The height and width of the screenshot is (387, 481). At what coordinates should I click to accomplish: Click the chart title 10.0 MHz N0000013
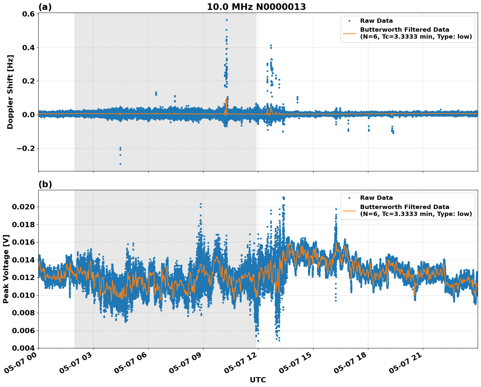tap(256, 7)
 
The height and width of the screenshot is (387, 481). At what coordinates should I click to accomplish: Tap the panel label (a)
tap(45, 7)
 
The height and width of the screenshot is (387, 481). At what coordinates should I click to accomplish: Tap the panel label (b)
tap(45, 184)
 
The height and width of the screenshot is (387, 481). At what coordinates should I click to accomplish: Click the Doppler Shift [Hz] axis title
tap(10, 92)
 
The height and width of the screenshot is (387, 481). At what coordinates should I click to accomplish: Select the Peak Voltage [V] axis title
tap(6, 269)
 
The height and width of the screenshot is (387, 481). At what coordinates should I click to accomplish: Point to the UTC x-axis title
tap(258, 380)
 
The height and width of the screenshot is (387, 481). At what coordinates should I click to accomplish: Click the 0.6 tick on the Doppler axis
tap(28, 14)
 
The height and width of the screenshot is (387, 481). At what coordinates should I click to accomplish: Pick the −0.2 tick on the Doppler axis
tap(25, 148)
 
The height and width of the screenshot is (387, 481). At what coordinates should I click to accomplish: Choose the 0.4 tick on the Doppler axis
tap(28, 48)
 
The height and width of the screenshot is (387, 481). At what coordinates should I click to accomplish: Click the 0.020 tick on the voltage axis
tap(23, 207)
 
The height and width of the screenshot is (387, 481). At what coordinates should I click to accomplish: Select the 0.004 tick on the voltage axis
tap(23, 348)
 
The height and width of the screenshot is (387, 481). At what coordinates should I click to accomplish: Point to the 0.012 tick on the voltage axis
tap(23, 278)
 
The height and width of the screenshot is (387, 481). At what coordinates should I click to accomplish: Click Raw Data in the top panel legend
tap(376, 21)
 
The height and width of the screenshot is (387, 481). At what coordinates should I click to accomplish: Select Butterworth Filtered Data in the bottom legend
tap(404, 207)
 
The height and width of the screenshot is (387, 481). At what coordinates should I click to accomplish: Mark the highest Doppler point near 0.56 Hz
tap(227, 20)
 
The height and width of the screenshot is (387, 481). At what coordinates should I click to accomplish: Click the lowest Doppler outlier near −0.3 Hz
tap(120, 164)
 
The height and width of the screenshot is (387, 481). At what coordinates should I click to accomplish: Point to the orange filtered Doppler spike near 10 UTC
tap(226, 99)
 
